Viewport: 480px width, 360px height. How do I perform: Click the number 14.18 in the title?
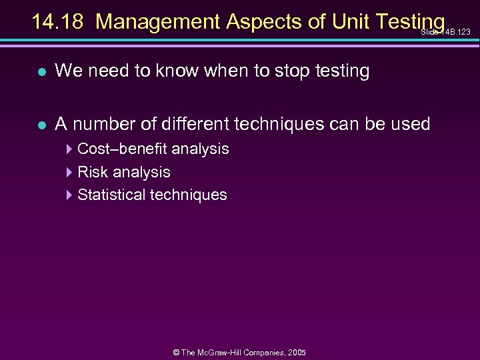(58, 22)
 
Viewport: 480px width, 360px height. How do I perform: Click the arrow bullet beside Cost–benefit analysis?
(70, 149)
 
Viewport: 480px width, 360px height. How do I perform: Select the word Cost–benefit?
(122, 149)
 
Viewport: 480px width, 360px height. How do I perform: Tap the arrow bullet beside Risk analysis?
(70, 172)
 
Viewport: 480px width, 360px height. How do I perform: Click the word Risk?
(93, 172)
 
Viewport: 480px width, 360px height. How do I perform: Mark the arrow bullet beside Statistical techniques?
(70, 195)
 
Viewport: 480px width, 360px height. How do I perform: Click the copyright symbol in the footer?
(176, 352)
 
